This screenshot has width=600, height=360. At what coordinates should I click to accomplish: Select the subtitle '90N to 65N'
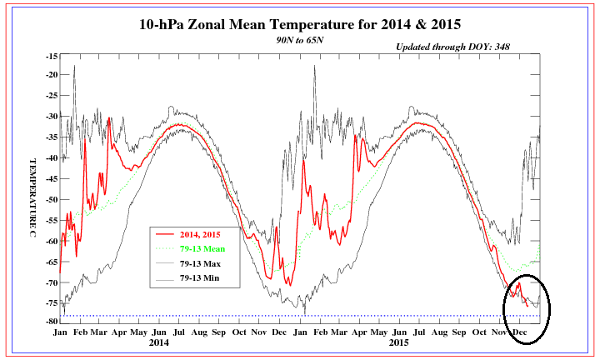coord(299,39)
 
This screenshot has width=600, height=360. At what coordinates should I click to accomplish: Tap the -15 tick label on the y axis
coord(51,56)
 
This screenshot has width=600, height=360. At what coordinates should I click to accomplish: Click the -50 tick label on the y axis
coord(51,199)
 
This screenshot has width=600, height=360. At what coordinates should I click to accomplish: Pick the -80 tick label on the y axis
coord(51,321)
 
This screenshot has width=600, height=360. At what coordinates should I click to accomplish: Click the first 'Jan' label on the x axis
coord(61,331)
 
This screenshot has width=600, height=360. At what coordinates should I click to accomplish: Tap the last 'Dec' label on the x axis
coord(520,331)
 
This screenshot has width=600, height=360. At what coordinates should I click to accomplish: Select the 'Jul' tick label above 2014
coord(180,331)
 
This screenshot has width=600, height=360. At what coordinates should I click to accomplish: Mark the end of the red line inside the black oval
coord(528,307)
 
